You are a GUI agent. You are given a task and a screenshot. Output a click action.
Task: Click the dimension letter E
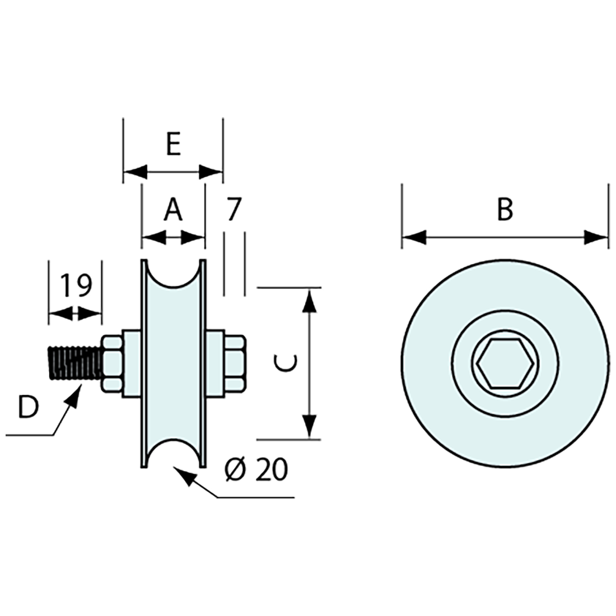coord(173,145)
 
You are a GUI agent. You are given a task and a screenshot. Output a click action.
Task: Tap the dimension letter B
coord(505,210)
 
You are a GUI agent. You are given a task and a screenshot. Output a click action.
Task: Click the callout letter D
coord(27,407)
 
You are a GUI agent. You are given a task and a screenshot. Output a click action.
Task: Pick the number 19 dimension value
coord(76,286)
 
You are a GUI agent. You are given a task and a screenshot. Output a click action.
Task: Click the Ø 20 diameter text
coord(256,470)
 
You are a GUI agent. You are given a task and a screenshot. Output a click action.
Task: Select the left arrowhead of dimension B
coord(413,237)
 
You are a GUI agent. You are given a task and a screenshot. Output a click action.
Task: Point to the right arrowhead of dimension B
coord(596,237)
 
